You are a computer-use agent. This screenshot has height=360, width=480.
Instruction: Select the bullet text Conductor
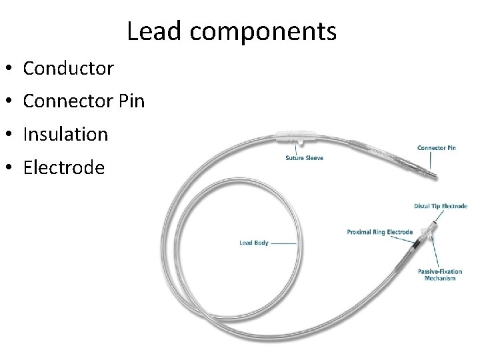pyautogui.click(x=68, y=68)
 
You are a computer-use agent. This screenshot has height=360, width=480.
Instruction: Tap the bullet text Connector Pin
pyautogui.click(x=83, y=101)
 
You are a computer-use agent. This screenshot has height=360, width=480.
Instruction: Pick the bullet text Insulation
pyautogui.click(x=65, y=134)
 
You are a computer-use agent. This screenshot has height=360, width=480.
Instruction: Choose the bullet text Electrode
pyautogui.click(x=63, y=167)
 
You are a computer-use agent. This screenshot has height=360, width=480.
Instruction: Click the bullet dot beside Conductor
pyautogui.click(x=9, y=69)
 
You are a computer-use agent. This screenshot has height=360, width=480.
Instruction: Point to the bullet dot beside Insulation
pyautogui.click(x=9, y=135)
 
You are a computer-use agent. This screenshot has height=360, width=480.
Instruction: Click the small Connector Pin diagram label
pyautogui.click(x=436, y=147)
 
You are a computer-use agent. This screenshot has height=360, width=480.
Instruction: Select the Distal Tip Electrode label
pyautogui.click(x=440, y=206)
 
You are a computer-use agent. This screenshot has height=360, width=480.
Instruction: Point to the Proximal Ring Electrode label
pyautogui.click(x=379, y=232)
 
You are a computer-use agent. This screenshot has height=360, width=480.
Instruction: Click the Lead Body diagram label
pyautogui.click(x=253, y=243)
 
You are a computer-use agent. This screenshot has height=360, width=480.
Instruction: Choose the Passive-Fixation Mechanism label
pyautogui.click(x=437, y=275)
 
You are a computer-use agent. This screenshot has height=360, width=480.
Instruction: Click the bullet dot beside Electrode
pyautogui.click(x=9, y=168)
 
